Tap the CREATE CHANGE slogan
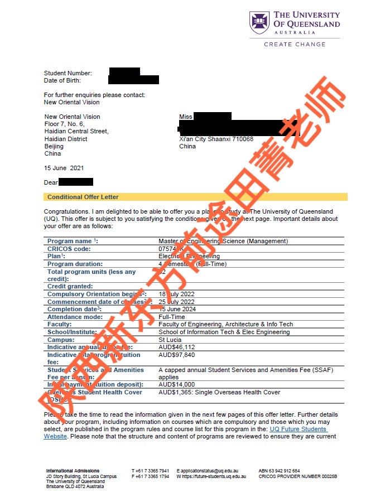pos(295,44)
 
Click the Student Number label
pos(68,73)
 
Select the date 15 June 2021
pos(64,168)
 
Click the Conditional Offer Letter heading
pos(83,197)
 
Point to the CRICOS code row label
pos(69,249)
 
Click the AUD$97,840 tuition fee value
pos(177,355)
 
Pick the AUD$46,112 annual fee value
pos(177,347)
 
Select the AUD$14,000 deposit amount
pos(177,384)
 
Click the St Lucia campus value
pos(170,340)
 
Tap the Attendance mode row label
pos(75,317)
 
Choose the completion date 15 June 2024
pos(179,309)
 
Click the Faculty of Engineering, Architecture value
pos(225,324)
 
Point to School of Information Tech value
pos(224,332)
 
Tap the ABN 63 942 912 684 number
pos(279,471)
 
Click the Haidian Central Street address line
pos(76,131)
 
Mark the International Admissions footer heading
pos(73,471)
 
